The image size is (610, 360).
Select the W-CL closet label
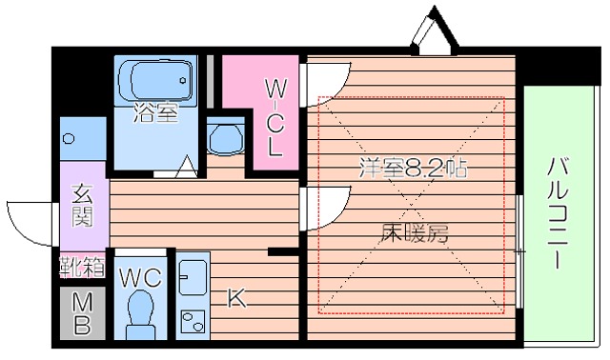point(274,118)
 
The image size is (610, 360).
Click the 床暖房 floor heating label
point(415,231)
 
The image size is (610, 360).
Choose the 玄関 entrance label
point(82,204)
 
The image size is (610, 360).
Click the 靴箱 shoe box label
point(81,266)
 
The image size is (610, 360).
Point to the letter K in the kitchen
point(235,298)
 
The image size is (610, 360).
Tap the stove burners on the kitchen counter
point(192,318)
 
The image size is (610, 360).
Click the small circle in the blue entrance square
point(69,139)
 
